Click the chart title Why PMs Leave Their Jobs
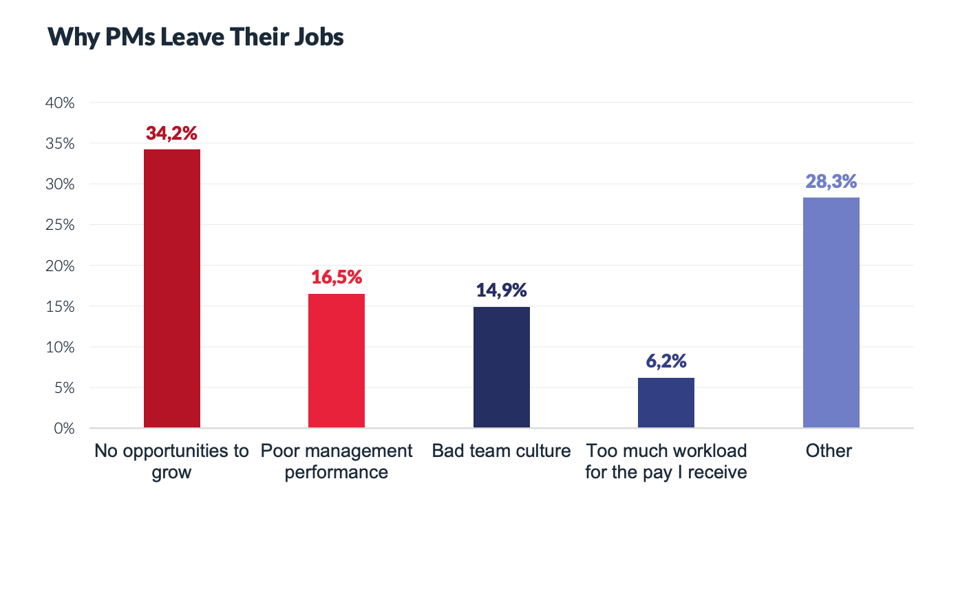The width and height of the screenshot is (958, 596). (195, 37)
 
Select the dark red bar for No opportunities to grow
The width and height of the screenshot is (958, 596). (171, 289)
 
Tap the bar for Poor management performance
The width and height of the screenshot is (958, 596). (336, 361)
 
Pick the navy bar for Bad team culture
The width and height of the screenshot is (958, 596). (501, 368)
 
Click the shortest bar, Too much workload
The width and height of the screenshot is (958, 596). (666, 403)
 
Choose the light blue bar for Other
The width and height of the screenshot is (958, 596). (831, 313)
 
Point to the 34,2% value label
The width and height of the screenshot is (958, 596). (171, 134)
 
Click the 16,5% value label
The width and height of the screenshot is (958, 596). (336, 277)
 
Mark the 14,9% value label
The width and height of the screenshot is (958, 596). (501, 290)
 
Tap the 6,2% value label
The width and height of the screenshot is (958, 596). (666, 361)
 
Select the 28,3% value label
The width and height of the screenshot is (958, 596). (831, 182)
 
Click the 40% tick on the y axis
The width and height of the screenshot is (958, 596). (60, 103)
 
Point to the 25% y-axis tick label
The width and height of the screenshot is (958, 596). (60, 225)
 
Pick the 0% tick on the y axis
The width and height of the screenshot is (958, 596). (63, 428)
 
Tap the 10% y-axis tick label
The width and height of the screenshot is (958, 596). (60, 347)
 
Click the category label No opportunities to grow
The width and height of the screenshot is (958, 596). (171, 462)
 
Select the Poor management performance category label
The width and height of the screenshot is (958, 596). (336, 462)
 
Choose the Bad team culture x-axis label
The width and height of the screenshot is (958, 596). (501, 451)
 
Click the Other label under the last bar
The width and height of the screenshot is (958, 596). (829, 451)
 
